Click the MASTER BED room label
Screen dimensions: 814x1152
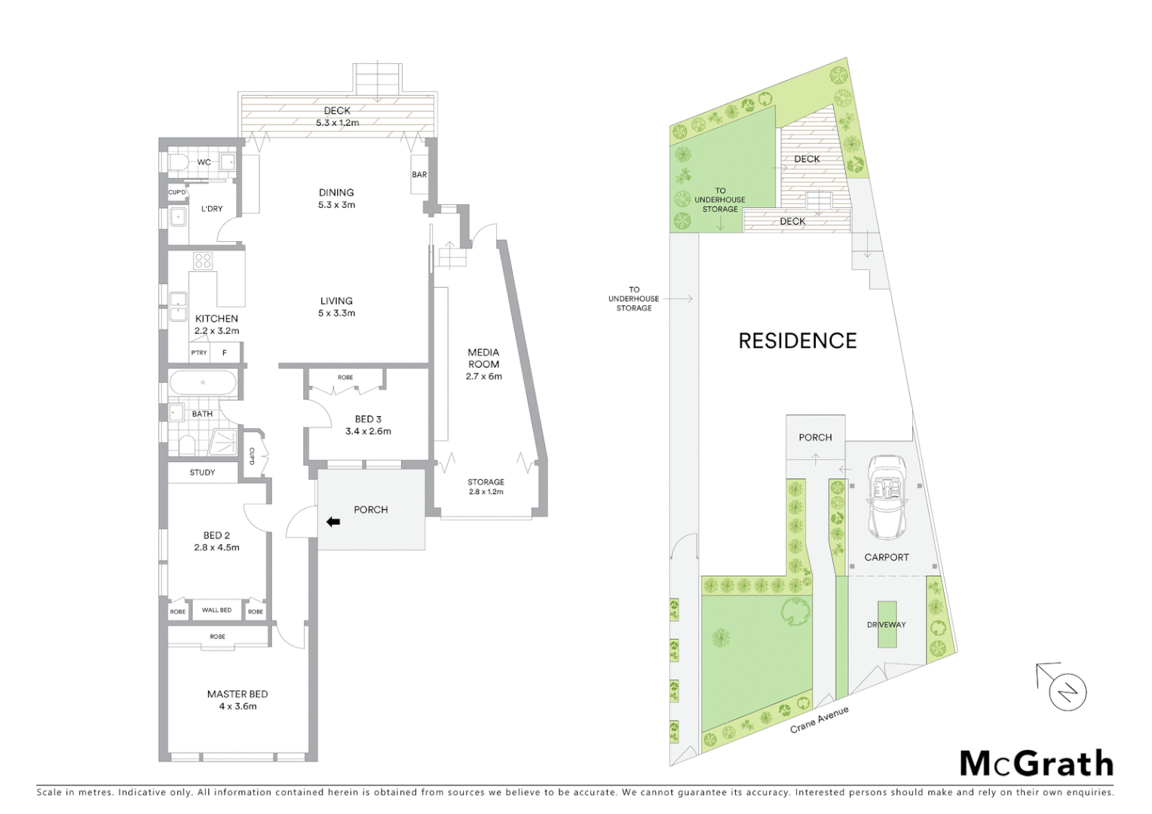click(x=237, y=694)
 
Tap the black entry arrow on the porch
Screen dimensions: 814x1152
click(x=332, y=522)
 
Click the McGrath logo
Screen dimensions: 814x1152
click(x=1036, y=764)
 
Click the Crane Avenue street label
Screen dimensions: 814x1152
click(x=820, y=720)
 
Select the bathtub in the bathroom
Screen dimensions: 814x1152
click(x=202, y=383)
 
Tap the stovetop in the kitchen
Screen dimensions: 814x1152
click(x=203, y=261)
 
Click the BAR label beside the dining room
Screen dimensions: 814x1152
click(x=419, y=175)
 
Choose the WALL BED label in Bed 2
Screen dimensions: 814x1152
click(x=216, y=610)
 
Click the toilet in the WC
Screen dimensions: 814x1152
click(x=178, y=162)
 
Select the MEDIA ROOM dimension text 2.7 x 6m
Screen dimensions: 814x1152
click(x=483, y=376)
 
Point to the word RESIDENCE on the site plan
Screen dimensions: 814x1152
click(x=797, y=341)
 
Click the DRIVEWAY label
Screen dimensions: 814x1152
click(x=886, y=625)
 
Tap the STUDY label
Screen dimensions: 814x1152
click(x=202, y=473)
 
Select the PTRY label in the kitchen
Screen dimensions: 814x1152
click(x=199, y=353)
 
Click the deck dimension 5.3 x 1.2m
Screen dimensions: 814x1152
click(x=337, y=123)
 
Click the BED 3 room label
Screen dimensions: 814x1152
click(x=368, y=419)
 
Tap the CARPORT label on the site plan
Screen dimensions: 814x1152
click(x=886, y=558)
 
